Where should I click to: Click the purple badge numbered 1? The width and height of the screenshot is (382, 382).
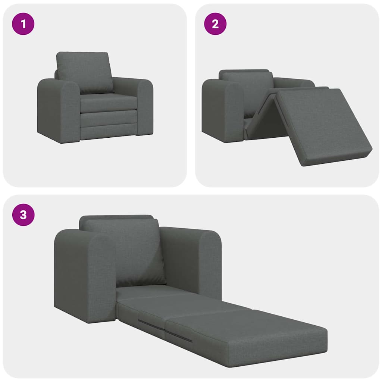24,24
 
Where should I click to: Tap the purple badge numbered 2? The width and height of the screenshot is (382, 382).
215,24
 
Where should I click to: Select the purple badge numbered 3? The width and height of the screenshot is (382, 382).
24,215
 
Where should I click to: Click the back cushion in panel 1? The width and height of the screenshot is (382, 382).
84,72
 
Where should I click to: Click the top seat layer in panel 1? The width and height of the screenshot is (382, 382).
108,102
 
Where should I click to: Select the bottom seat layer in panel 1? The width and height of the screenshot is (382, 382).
108,132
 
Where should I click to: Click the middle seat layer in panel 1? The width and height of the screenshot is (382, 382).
108,119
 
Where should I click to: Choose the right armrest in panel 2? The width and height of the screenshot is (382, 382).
295,83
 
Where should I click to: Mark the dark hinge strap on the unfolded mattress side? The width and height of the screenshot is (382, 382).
151,325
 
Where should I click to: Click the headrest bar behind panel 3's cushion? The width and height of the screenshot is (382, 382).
116,217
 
